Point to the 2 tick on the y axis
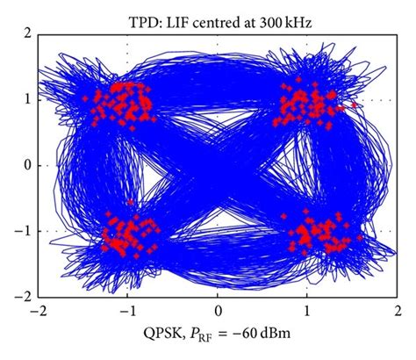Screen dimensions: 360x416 [x=27, y=32]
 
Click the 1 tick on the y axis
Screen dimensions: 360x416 [x=27, y=99]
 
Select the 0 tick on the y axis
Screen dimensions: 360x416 [x=27, y=166]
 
